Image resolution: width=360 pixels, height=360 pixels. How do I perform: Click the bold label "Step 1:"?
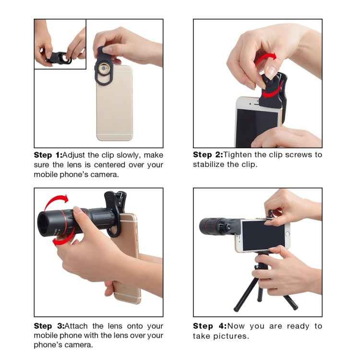(48, 155)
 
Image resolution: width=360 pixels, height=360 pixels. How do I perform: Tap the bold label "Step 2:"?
(207, 155)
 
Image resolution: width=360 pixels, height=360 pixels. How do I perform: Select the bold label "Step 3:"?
(48, 326)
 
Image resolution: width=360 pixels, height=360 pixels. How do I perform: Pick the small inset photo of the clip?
(60, 44)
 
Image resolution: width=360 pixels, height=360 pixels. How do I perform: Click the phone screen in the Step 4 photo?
(263, 235)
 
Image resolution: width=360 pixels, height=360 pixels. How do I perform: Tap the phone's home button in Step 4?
(287, 234)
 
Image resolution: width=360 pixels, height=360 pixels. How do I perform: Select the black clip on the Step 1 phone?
(105, 70)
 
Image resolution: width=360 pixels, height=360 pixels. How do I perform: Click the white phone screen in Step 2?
(257, 128)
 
